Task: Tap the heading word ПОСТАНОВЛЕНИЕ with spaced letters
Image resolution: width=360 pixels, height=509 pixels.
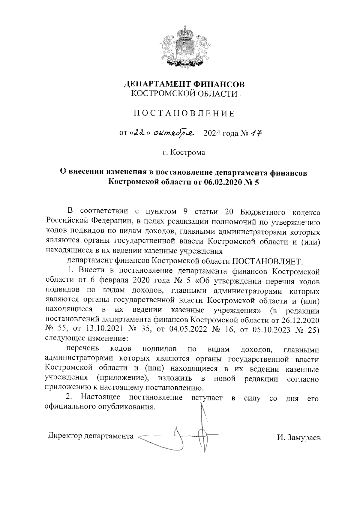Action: click(184, 113)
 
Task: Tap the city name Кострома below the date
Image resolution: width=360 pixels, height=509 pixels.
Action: click(187, 153)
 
